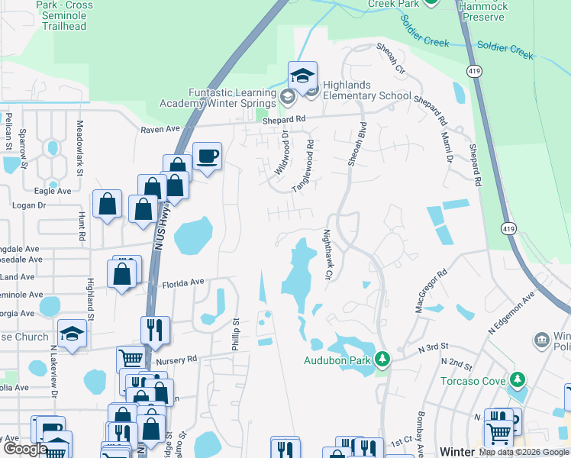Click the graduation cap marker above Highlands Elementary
(303, 76)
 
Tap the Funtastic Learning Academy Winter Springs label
(217, 98)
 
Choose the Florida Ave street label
(183, 282)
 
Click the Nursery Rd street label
(176, 358)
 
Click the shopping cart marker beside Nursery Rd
(131, 359)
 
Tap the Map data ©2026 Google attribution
(523, 451)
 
